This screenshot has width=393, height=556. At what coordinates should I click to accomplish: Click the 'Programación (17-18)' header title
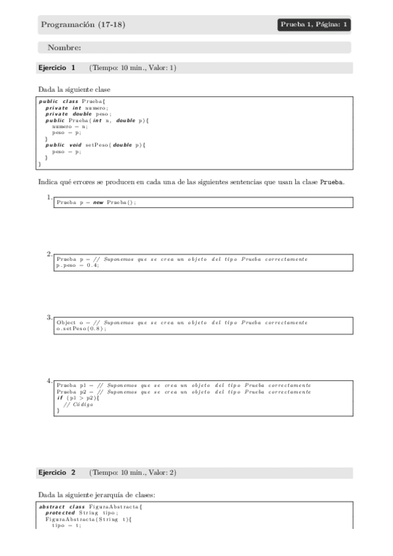83,25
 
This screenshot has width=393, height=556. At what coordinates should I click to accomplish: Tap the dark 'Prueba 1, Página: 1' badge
314,25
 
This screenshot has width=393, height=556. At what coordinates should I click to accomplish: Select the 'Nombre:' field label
64,47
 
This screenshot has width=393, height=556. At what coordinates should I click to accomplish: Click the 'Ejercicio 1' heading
57,68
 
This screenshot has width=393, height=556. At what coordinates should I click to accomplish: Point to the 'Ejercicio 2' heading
57,472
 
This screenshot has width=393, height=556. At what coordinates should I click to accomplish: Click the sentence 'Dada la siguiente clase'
74,89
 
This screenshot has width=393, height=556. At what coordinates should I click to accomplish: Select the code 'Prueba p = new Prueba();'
96,203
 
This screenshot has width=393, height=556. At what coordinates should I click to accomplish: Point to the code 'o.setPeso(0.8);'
81,328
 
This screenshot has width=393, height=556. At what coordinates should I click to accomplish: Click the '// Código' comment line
78,405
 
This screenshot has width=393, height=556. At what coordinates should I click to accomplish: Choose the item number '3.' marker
49,317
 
